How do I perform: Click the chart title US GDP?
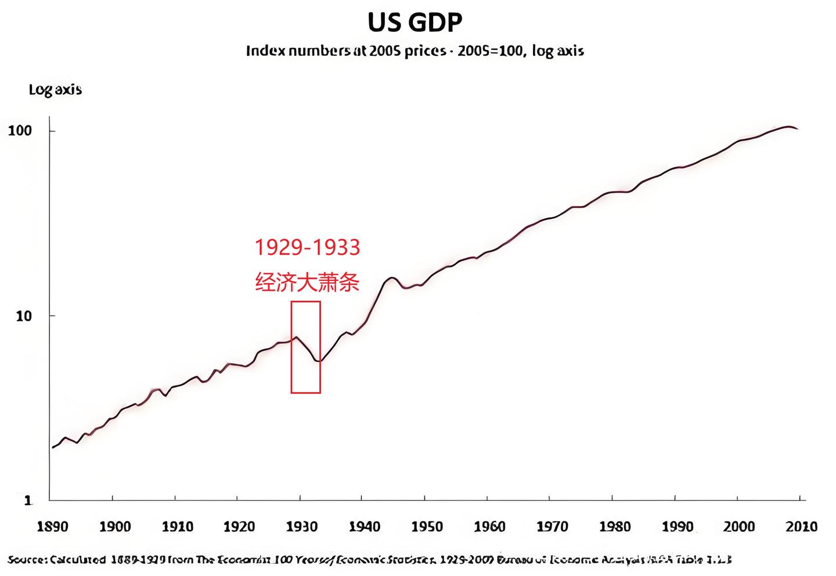pyautogui.click(x=415, y=23)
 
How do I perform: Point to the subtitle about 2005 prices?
pyautogui.click(x=415, y=51)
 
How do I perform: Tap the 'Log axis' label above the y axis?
pyautogui.click(x=55, y=90)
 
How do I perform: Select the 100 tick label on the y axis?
pyautogui.click(x=19, y=130)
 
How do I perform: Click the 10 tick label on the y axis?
pyautogui.click(x=23, y=316)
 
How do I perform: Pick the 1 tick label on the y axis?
pyautogui.click(x=28, y=501)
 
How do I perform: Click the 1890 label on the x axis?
pyautogui.click(x=52, y=527)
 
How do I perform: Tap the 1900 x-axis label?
pyautogui.click(x=115, y=527)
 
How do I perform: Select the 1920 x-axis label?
pyautogui.click(x=239, y=527)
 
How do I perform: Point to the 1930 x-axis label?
pyautogui.click(x=302, y=527)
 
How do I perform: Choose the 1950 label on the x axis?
pyautogui.click(x=427, y=527)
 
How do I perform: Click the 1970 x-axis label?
pyautogui.click(x=552, y=527)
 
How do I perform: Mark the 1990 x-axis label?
pyautogui.click(x=677, y=527)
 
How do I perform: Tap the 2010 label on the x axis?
pyautogui.click(x=802, y=527)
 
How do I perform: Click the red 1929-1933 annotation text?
pyautogui.click(x=308, y=247)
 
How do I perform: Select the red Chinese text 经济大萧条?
pyautogui.click(x=308, y=283)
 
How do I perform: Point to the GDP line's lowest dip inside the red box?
pyautogui.click(x=318, y=361)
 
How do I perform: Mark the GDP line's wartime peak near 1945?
pyautogui.click(x=392, y=278)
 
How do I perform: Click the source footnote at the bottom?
pyautogui.click(x=369, y=560)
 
